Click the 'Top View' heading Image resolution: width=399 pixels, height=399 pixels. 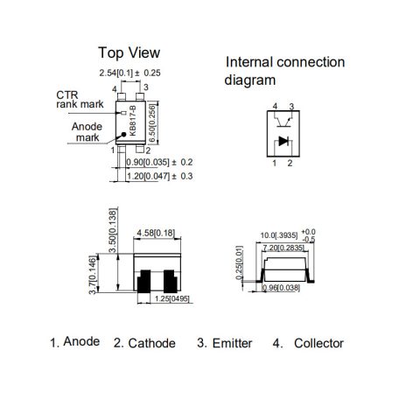click(x=129, y=52)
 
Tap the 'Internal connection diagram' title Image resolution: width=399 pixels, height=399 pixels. click(x=284, y=71)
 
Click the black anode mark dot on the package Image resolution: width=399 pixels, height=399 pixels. click(x=123, y=135)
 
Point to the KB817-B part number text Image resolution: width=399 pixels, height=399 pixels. click(x=133, y=121)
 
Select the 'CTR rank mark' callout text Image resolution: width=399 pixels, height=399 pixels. click(x=80, y=100)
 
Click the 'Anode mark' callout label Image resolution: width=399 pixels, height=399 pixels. click(x=87, y=132)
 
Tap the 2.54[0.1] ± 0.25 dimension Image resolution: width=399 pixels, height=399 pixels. click(x=129, y=73)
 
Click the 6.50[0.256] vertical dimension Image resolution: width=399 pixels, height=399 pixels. click(x=152, y=123)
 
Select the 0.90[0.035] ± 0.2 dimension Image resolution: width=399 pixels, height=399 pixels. click(x=159, y=162)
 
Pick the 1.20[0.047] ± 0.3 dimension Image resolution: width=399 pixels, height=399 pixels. click(x=160, y=176)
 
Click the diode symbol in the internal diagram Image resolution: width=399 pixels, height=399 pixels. click(x=283, y=141)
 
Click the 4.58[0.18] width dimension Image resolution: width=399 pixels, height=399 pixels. click(x=157, y=233)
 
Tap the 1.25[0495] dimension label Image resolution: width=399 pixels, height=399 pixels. click(x=172, y=299)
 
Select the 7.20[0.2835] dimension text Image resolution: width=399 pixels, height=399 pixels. click(x=283, y=248)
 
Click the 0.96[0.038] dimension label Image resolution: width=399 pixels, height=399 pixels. click(x=281, y=288)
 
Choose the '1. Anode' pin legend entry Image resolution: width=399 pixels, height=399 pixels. click(x=75, y=342)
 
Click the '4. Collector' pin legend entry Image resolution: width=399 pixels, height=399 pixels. click(x=308, y=343)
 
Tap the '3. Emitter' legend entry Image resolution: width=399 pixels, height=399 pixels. click(x=225, y=343)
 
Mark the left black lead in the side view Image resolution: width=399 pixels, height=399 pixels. click(x=143, y=281)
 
